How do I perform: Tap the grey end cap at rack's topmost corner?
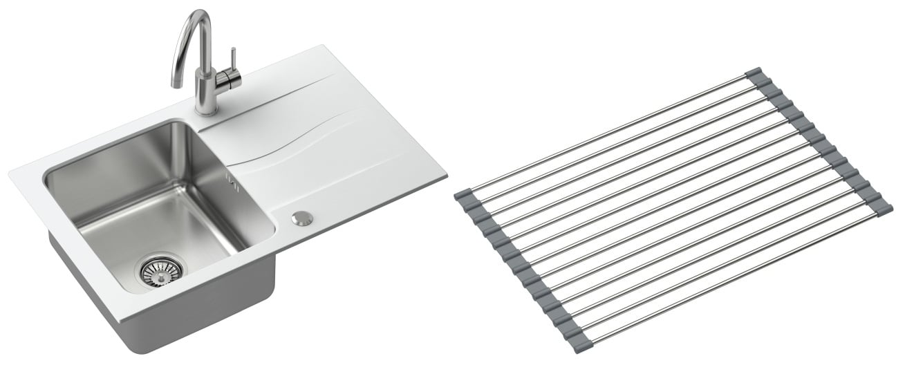[754, 73]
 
